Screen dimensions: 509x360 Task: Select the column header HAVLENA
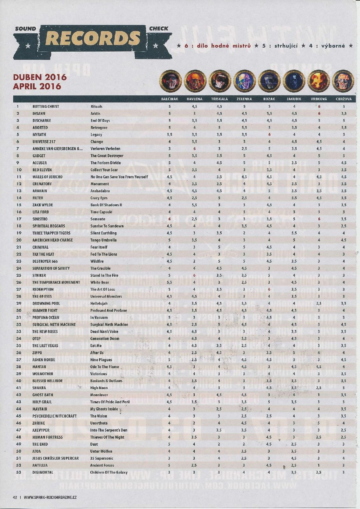194,99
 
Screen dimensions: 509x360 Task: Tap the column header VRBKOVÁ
319,99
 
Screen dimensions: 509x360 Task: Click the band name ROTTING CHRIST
46,106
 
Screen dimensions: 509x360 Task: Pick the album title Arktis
95,113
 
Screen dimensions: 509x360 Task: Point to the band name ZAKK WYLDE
43,205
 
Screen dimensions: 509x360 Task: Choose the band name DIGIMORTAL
43,472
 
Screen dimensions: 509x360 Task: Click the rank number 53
18,472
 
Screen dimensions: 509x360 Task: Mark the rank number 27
18,289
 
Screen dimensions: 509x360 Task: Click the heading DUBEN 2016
40,77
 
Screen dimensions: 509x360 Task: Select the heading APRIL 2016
37,86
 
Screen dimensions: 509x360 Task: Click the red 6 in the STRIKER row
194,275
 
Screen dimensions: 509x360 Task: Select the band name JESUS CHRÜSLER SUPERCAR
55,458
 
